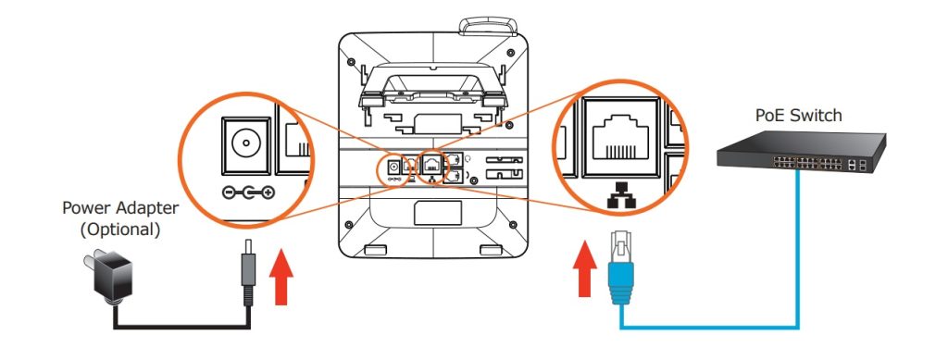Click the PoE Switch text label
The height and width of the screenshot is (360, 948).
[x=799, y=116]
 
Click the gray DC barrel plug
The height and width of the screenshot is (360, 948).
[x=248, y=272]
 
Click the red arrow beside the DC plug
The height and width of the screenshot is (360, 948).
[x=281, y=275]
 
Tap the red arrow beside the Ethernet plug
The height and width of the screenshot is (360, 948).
[x=584, y=268]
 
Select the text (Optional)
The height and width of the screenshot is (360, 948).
[x=119, y=230]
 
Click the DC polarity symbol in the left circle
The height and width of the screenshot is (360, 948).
[x=248, y=192]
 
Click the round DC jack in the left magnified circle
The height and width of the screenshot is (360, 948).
[x=245, y=144]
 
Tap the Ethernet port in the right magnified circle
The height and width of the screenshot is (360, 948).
[x=621, y=139]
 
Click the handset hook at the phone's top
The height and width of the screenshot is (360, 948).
[x=488, y=26]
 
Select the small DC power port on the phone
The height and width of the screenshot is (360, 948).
[x=394, y=166]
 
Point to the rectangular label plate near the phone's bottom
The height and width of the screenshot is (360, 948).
[x=438, y=213]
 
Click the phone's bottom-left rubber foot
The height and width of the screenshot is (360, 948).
[x=376, y=250]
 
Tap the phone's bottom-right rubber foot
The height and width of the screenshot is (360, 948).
[x=490, y=250]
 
